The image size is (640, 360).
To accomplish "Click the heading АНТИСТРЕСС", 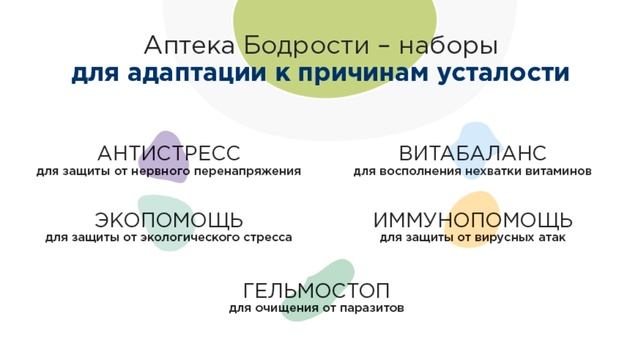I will coord(169,153).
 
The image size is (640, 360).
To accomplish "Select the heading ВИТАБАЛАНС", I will coord(471,153).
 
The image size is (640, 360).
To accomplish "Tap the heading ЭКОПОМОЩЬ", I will coord(168,220).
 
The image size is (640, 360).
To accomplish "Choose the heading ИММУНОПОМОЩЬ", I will coord(472,220).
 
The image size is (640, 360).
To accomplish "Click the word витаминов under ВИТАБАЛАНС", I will coord(560,171).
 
